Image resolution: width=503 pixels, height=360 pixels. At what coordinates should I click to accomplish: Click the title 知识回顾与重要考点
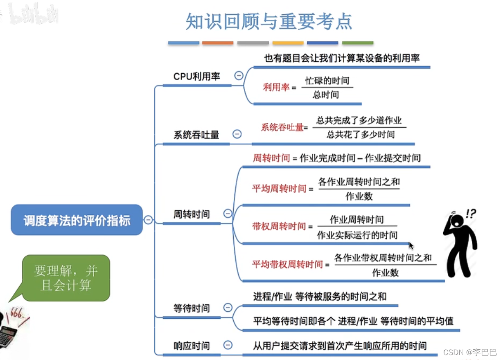coord(269,21)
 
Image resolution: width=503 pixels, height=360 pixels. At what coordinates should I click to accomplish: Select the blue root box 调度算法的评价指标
coord(77,220)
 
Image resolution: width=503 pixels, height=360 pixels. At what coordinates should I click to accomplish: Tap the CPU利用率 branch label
coord(197,76)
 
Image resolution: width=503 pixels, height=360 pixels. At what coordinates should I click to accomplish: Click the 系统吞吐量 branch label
coord(196,135)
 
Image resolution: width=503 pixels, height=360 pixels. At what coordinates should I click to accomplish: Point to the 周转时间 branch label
coord(192,214)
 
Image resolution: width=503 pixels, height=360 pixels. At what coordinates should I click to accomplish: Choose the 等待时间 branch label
coord(192,308)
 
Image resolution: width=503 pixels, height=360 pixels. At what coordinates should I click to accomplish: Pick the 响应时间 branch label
coord(192,346)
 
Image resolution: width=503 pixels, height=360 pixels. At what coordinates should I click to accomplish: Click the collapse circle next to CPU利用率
coord(238,76)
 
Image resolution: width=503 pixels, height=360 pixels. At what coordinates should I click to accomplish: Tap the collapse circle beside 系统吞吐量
coord(237,134)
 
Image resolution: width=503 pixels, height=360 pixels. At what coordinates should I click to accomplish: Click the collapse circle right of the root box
coord(148,220)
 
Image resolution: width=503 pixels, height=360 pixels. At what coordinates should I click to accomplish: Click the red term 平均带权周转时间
coord(287,264)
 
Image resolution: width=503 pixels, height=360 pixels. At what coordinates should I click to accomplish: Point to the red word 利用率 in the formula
coord(276,87)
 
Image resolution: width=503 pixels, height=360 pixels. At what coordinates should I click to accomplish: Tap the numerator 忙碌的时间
coord(327,81)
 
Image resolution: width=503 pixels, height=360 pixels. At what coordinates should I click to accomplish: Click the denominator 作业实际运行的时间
coord(357,235)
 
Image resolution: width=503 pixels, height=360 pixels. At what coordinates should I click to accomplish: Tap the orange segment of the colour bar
coord(218,43)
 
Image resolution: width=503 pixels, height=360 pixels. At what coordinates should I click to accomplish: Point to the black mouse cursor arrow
coord(411,246)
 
